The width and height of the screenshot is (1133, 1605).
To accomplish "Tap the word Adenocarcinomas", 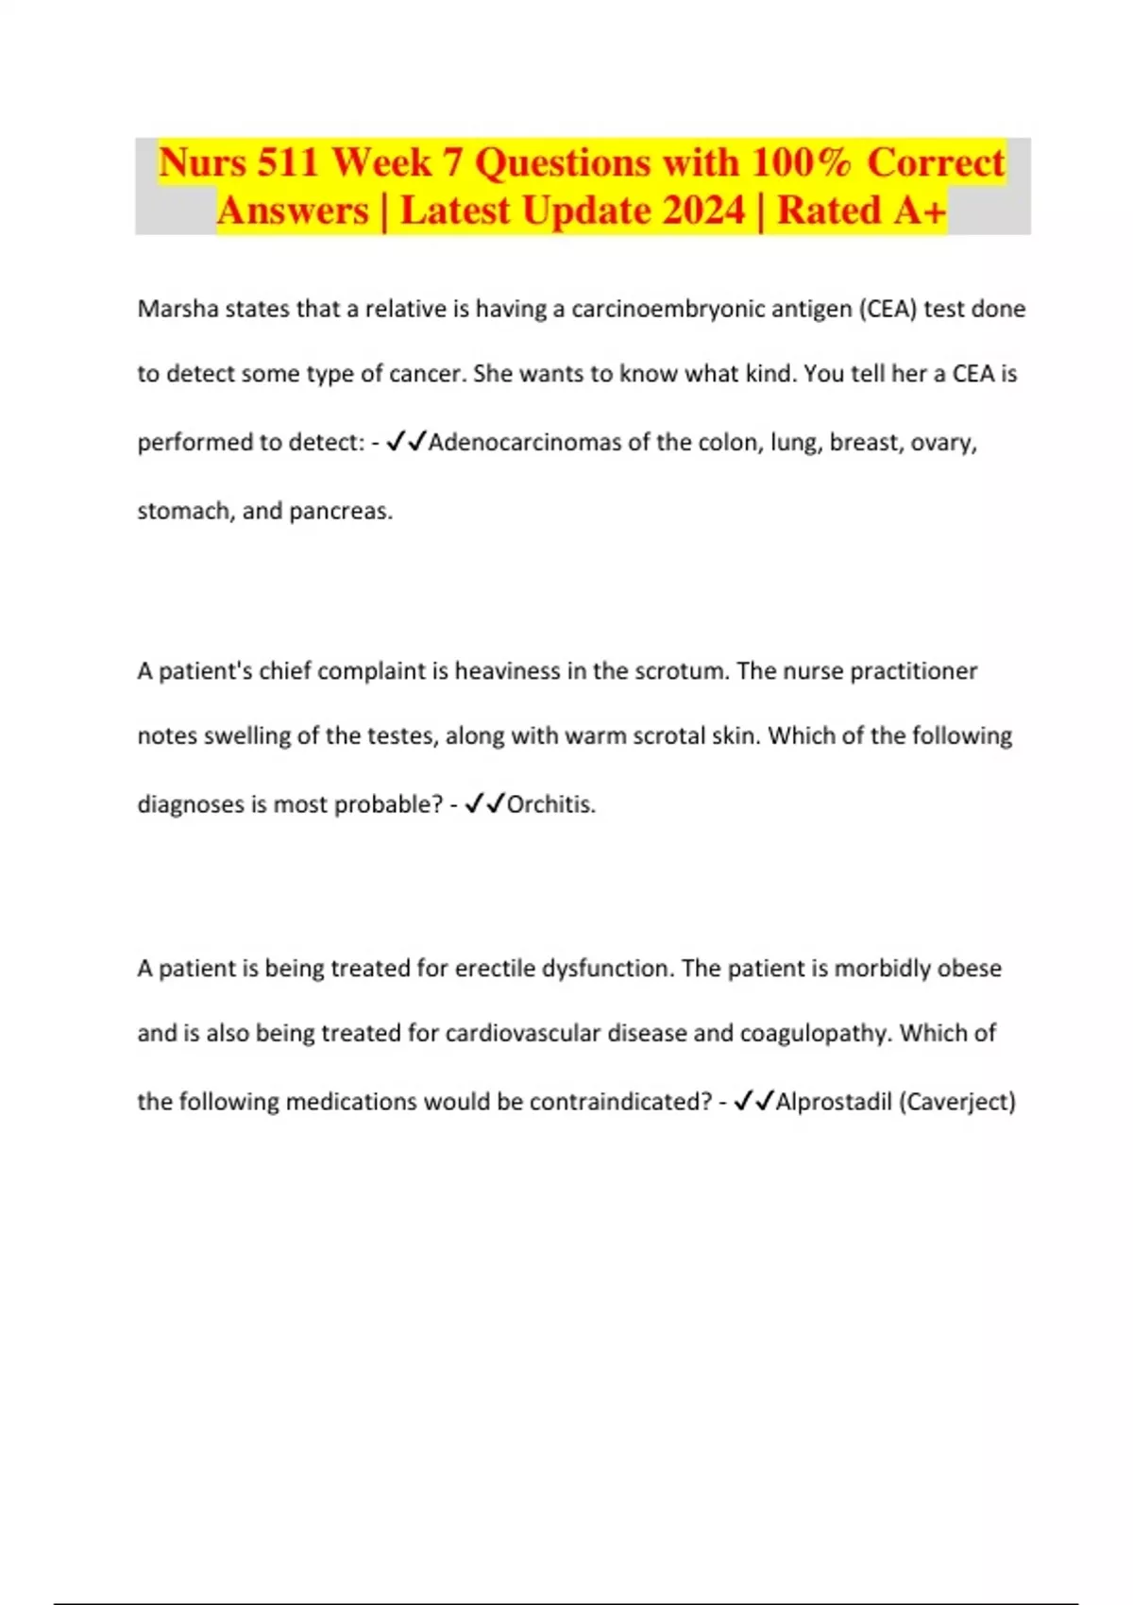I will [x=525, y=442].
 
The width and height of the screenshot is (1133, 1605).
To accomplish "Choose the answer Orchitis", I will [x=550, y=804].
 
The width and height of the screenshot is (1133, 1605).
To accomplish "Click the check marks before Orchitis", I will [x=484, y=804].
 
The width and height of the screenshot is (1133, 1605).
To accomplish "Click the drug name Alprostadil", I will [x=833, y=1102].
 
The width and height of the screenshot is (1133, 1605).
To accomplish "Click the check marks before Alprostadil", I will [x=753, y=1101].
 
